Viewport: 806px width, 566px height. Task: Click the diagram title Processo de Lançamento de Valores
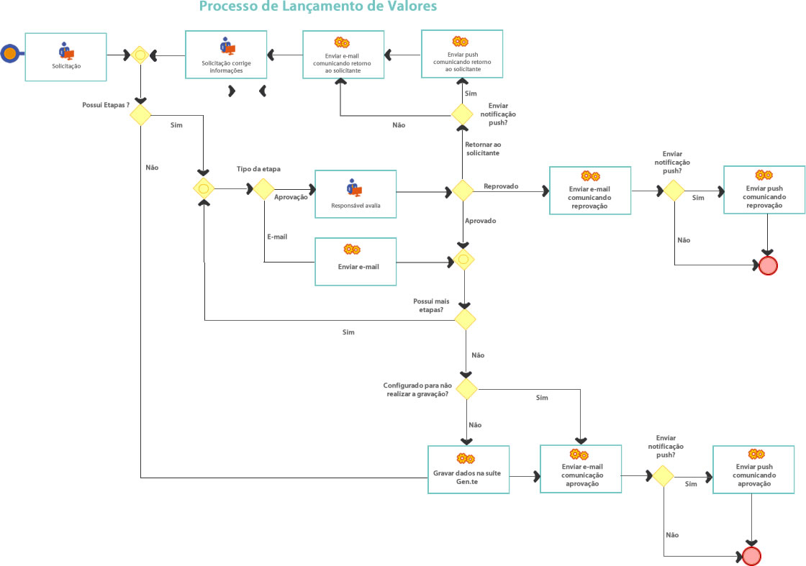pyautogui.click(x=317, y=7)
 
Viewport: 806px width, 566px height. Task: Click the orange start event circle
pyautogui.click(x=10, y=53)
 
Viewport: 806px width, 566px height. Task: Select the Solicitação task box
pyautogui.click(x=66, y=56)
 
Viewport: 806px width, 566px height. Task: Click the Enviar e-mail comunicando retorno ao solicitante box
pyautogui.click(x=343, y=55)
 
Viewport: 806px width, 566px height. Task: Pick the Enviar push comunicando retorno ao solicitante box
pyautogui.click(x=462, y=53)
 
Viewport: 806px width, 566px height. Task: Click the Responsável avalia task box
pyautogui.click(x=356, y=193)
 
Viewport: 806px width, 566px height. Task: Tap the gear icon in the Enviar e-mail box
pyautogui.click(x=351, y=250)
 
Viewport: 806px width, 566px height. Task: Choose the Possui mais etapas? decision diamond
pyautogui.click(x=464, y=319)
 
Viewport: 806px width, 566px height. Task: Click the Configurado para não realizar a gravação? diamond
pyautogui.click(x=466, y=389)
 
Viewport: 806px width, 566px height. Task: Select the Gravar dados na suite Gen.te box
pyautogui.click(x=468, y=469)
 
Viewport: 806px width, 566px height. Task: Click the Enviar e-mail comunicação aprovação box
pyautogui.click(x=581, y=468)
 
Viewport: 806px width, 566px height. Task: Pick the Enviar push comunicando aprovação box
pyautogui.click(x=753, y=469)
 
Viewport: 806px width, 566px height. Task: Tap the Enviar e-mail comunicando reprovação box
pyautogui.click(x=590, y=190)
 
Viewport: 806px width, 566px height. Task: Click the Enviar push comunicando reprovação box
pyautogui.click(x=764, y=190)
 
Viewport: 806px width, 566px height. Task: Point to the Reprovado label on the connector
pyautogui.click(x=501, y=186)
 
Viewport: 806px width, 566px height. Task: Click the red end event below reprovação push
pyautogui.click(x=768, y=265)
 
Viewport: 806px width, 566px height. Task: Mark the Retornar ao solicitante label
pyautogui.click(x=483, y=149)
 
